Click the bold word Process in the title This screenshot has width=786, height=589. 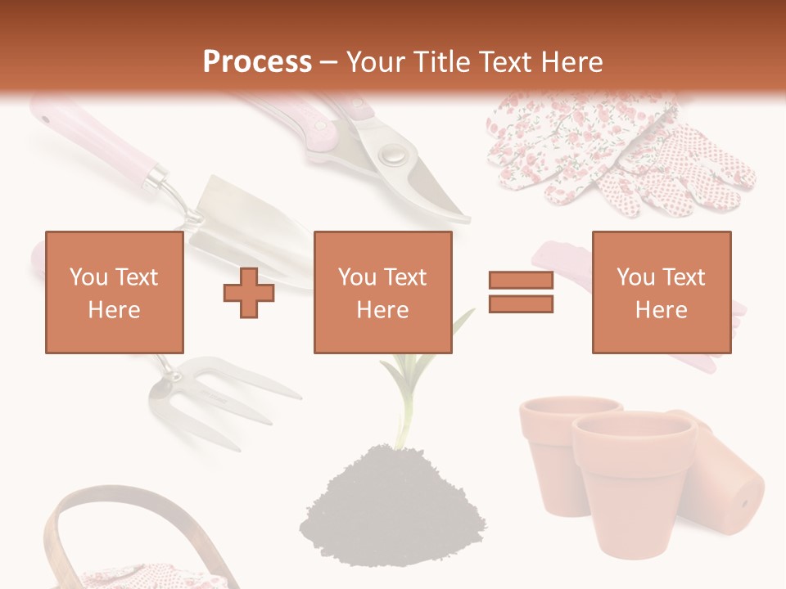(257, 62)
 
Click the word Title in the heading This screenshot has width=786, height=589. (439, 62)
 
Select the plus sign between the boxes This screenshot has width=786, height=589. (249, 293)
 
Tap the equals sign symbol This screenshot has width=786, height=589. (521, 293)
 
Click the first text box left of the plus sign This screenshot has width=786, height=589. (114, 292)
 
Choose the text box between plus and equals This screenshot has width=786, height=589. (382, 292)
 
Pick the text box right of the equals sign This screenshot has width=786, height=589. (661, 292)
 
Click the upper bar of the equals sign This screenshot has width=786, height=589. (521, 281)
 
